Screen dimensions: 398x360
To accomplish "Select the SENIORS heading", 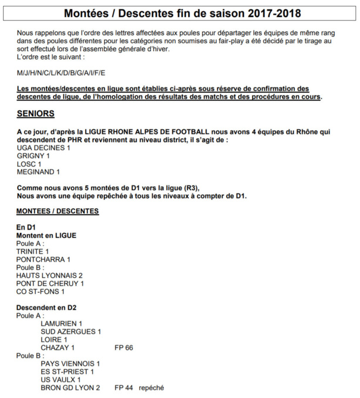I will [x=35, y=114].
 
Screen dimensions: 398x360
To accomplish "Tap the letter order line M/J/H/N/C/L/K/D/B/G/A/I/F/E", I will [x=61, y=73].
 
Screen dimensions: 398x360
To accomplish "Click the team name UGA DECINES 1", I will [x=43, y=148].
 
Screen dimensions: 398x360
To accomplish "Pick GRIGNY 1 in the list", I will [x=33, y=156].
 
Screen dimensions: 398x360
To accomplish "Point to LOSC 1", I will [x=30, y=164].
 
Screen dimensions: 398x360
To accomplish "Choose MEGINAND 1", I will [x=38, y=172].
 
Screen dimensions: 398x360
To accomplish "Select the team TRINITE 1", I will [x=33, y=251].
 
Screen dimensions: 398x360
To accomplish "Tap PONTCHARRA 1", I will [x=43, y=259].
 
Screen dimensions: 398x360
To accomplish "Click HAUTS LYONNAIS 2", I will [x=49, y=275].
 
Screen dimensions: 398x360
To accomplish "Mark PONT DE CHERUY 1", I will [x=50, y=284].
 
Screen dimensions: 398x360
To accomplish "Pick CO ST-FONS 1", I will [x=40, y=291].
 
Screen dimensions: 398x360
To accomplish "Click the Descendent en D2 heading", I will [x=46, y=308].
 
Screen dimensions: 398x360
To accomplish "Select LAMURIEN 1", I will [x=62, y=323].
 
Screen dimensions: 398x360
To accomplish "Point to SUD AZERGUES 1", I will [x=71, y=332].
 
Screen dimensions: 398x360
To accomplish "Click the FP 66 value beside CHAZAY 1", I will [x=124, y=348].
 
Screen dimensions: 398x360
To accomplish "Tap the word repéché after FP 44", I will [x=151, y=387].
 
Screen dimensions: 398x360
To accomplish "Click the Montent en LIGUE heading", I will [x=46, y=235].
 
